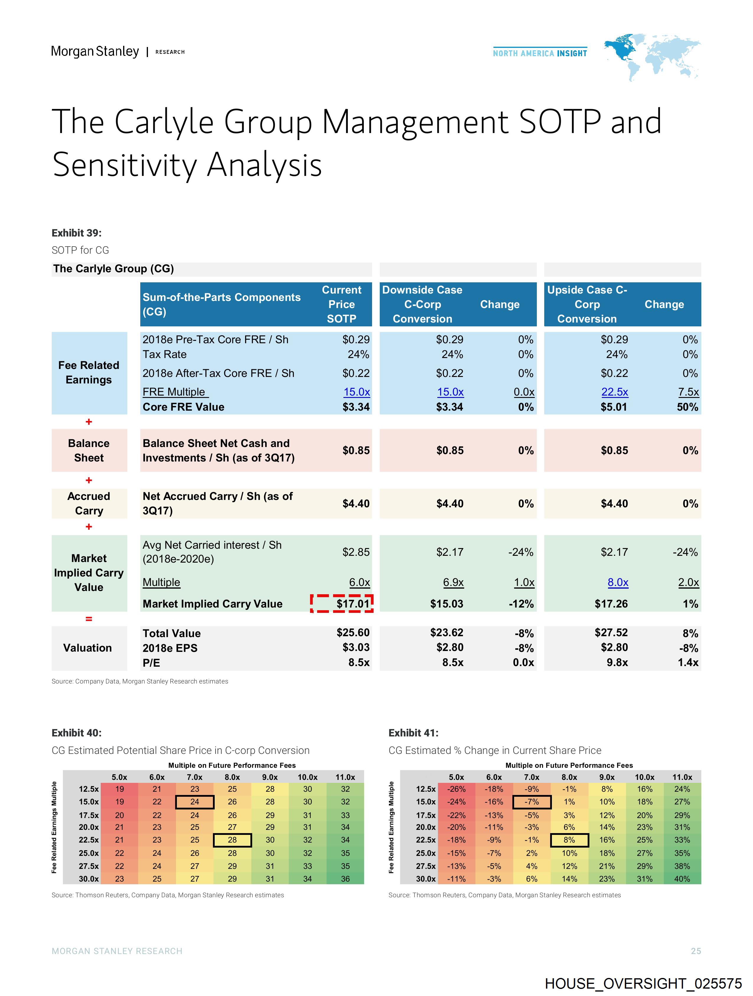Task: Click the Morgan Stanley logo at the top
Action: (x=95, y=51)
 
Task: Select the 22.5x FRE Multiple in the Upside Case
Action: (x=615, y=392)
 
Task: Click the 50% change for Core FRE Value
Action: (x=687, y=407)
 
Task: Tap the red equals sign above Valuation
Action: (x=89, y=619)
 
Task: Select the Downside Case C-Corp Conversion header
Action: (x=422, y=305)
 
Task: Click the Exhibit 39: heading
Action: (x=76, y=233)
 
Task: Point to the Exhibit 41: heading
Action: (x=413, y=733)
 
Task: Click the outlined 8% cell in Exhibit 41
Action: (x=569, y=840)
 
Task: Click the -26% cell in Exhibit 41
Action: (x=456, y=789)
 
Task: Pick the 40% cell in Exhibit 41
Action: (x=682, y=878)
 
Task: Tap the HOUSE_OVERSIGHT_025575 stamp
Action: (x=643, y=983)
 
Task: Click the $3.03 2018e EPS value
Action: (x=356, y=647)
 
